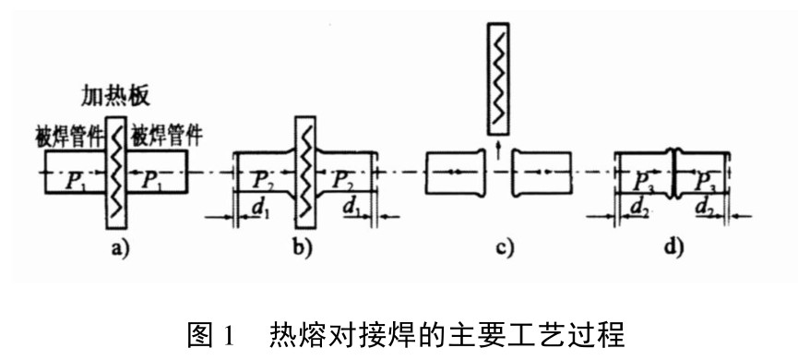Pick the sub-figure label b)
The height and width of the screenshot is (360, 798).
(304, 247)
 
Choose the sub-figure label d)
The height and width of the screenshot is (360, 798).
(673, 247)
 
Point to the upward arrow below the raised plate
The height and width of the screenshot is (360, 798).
(498, 150)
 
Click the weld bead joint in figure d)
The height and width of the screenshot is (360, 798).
(673, 172)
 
